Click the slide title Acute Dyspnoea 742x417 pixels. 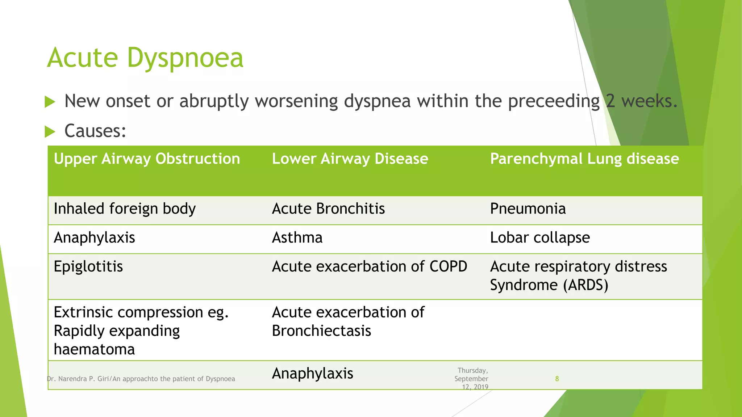click(145, 58)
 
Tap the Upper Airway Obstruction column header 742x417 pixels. click(147, 159)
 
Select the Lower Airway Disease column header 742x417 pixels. click(350, 159)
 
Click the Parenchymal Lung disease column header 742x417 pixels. click(584, 159)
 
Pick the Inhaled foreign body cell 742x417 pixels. click(125, 209)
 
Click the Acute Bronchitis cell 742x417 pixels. click(328, 209)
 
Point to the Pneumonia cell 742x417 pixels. click(528, 209)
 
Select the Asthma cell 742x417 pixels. click(297, 238)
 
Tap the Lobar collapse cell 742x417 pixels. click(540, 238)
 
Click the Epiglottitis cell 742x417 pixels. click(88, 267)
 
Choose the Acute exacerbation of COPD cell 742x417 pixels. click(370, 267)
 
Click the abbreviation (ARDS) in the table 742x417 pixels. click(585, 285)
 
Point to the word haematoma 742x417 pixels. click(94, 349)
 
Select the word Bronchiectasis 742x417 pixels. click(321, 331)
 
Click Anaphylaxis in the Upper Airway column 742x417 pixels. click(94, 238)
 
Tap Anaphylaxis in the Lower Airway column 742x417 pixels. click(312, 374)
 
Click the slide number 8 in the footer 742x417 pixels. click(557, 379)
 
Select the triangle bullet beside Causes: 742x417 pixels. click(50, 131)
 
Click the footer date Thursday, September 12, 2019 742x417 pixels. click(471, 379)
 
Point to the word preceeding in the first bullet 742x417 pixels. click(554, 101)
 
